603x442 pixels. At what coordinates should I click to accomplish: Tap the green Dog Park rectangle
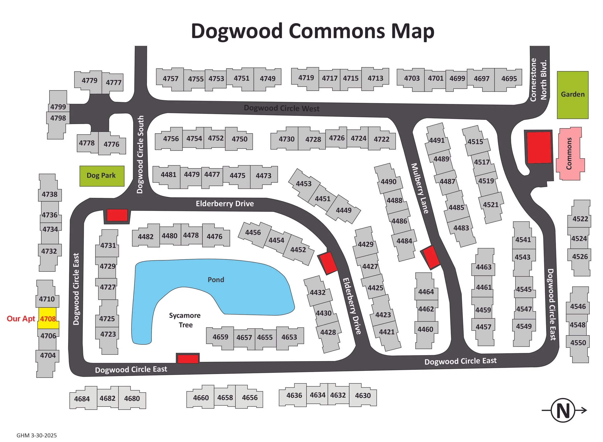tap(102, 176)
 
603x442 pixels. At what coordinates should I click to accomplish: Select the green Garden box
tap(572, 95)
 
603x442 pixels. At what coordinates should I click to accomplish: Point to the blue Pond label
tap(216, 280)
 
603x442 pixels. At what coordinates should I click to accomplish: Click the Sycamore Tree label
tap(185, 320)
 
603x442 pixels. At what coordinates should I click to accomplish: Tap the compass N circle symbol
tap(563, 410)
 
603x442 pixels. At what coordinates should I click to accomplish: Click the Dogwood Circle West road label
tap(281, 108)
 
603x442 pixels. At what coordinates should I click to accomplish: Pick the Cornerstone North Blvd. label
tap(538, 80)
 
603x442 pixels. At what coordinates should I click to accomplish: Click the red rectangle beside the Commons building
tap(539, 147)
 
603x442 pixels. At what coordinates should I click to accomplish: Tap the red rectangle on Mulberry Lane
tap(430, 257)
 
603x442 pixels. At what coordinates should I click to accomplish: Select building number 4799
tap(58, 107)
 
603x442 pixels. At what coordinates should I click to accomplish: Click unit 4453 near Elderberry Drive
tap(303, 184)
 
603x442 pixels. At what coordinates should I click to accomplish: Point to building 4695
tap(509, 79)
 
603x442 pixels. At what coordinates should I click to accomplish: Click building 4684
tap(82, 399)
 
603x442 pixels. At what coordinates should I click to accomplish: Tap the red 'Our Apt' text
tap(21, 319)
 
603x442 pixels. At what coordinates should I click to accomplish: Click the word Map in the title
tap(412, 31)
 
